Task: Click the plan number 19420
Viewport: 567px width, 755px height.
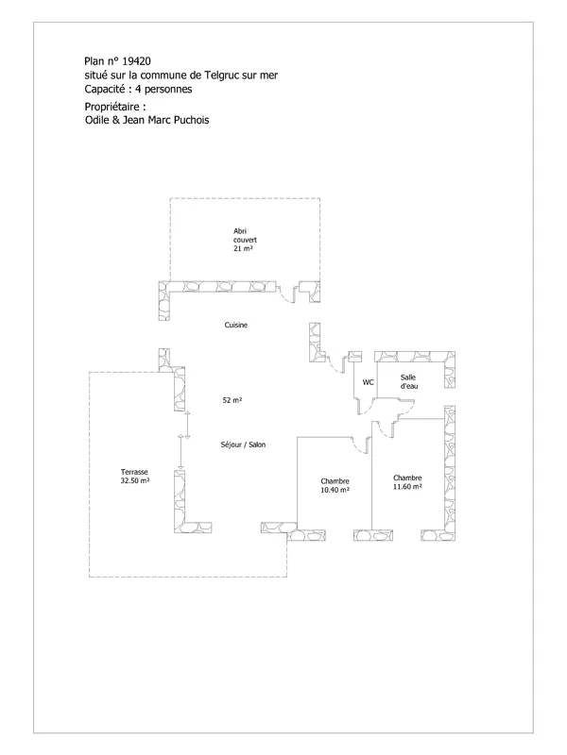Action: click(x=136, y=61)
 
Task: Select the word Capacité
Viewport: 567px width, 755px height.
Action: click(x=105, y=89)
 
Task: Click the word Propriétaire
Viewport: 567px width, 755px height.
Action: click(x=112, y=107)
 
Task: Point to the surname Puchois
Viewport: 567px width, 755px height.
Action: click(x=192, y=120)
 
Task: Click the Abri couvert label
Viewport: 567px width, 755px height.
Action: click(x=245, y=235)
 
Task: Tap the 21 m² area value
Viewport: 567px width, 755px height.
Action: click(x=243, y=248)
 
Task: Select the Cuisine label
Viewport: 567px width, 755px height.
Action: click(x=235, y=325)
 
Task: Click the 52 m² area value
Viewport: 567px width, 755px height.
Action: click(x=232, y=400)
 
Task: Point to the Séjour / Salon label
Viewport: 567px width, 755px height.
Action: click(x=243, y=445)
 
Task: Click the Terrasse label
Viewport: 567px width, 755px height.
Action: click(x=134, y=472)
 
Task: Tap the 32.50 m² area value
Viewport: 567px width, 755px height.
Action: click(x=135, y=480)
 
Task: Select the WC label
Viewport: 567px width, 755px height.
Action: click(x=368, y=382)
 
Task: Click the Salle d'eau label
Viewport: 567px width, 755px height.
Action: click(x=409, y=381)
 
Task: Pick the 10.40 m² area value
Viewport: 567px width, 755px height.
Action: click(x=335, y=490)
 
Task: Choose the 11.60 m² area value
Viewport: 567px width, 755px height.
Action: click(x=407, y=486)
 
